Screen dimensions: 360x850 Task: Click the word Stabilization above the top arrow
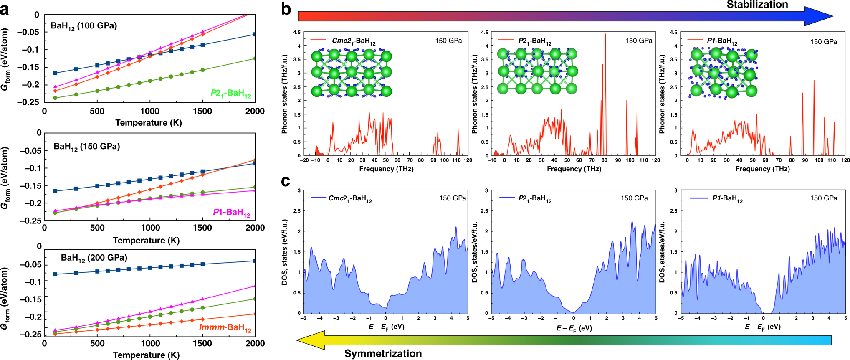tap(757, 5)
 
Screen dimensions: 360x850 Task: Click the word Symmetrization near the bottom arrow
tap(382, 353)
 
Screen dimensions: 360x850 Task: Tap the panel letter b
tap(286, 9)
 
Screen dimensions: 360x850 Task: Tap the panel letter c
tap(286, 181)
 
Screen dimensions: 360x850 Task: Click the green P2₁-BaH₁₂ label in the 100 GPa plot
tap(231, 93)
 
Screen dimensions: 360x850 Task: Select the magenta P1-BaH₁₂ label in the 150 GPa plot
tap(232, 213)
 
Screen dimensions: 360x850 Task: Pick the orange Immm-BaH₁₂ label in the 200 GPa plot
tap(225, 327)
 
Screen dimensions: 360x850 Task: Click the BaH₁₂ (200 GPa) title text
tap(94, 258)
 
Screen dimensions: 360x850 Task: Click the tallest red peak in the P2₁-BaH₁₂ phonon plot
tap(605, 35)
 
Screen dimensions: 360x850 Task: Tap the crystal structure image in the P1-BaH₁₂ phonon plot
tap(723, 74)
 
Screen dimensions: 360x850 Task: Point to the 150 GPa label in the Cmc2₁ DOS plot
tap(453, 198)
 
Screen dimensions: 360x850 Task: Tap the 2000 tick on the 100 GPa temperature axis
tap(255, 111)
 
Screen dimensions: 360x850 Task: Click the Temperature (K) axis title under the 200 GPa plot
tap(146, 355)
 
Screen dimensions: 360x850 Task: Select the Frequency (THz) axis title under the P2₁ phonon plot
tap(574, 169)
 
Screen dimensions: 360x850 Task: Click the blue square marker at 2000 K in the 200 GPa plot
tap(255, 261)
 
